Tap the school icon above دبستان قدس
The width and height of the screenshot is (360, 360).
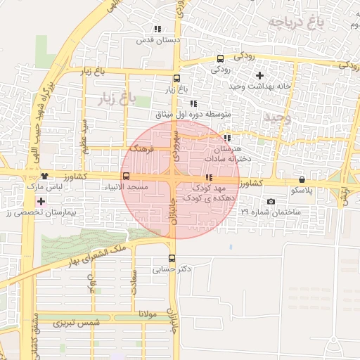[157, 30]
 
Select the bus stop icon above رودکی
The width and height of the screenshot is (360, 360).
[220, 59]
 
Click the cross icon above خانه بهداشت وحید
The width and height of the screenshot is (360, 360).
[259, 75]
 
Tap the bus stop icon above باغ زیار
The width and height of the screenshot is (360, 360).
[176, 79]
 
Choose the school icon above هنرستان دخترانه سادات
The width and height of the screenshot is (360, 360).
[226, 138]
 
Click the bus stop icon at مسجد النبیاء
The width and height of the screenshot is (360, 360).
[126, 176]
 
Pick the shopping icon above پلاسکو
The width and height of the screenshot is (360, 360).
[302, 180]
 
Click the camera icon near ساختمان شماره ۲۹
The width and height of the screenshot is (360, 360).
[271, 202]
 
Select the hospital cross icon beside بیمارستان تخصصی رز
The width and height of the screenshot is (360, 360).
[41, 202]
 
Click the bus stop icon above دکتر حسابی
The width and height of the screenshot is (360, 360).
[172, 257]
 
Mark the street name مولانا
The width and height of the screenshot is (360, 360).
[151, 314]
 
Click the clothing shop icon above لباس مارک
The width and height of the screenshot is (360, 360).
[45, 177]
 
